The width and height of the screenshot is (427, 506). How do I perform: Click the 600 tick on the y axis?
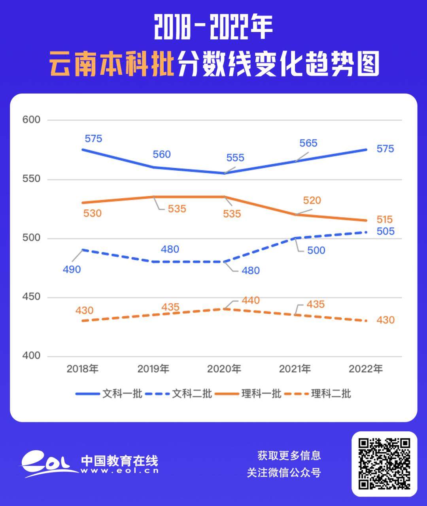point(32,120)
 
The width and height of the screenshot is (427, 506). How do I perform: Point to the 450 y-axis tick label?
point(32,297)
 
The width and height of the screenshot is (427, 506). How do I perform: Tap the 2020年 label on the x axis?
point(224,369)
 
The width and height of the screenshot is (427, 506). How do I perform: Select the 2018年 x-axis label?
point(82,369)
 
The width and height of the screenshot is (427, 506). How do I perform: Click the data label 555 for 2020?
point(235,158)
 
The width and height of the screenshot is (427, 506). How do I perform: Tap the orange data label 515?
point(384,220)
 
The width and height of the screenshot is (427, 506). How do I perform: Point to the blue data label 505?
point(385,231)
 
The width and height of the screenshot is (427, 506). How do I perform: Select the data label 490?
point(72,270)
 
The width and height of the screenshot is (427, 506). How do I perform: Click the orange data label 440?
point(251,301)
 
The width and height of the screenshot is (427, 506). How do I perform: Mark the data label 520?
point(312,201)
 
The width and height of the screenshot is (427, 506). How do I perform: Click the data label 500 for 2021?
point(316,250)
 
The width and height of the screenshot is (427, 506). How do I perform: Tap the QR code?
point(384,464)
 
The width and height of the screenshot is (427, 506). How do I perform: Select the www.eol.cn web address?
point(119,470)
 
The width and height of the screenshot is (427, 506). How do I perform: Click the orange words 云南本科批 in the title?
point(112,64)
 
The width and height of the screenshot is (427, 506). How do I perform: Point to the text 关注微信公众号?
point(284,472)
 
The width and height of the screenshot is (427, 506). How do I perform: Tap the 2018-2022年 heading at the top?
point(213,28)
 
